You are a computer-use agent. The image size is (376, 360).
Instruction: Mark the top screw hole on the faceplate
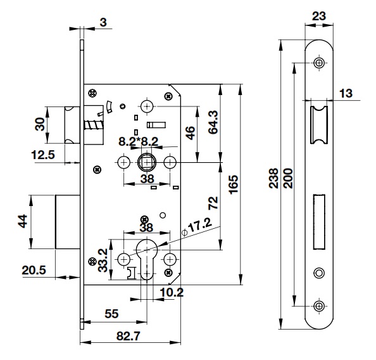(318, 63)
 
